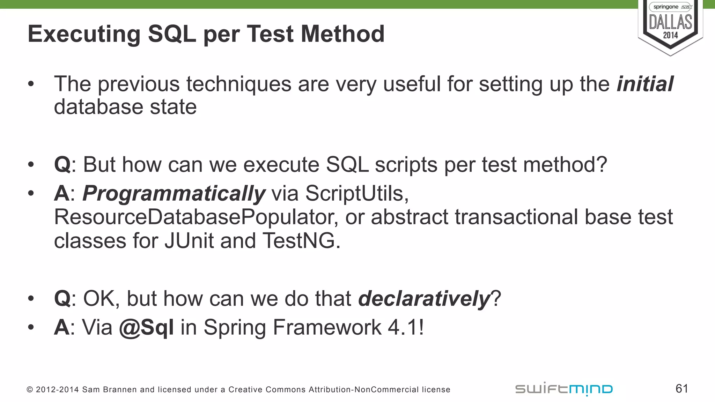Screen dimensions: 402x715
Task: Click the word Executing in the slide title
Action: (84, 34)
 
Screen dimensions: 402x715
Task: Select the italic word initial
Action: (645, 84)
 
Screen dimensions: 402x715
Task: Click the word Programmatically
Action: (174, 194)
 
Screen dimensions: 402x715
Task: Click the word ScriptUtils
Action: (356, 193)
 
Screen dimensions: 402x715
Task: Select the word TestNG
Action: (301, 241)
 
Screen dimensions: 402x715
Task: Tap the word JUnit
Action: (189, 241)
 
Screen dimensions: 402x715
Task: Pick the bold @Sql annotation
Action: (146, 328)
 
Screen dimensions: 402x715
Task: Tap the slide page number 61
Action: (681, 388)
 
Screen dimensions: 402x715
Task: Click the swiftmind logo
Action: (564, 389)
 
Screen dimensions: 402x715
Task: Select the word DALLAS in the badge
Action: (670, 22)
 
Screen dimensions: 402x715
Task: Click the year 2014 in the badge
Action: (670, 35)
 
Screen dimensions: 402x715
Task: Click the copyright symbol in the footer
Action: (30, 389)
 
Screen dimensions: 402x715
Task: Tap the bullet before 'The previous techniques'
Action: (31, 84)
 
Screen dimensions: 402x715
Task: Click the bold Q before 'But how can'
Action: (62, 165)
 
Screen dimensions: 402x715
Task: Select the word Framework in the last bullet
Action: (327, 328)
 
